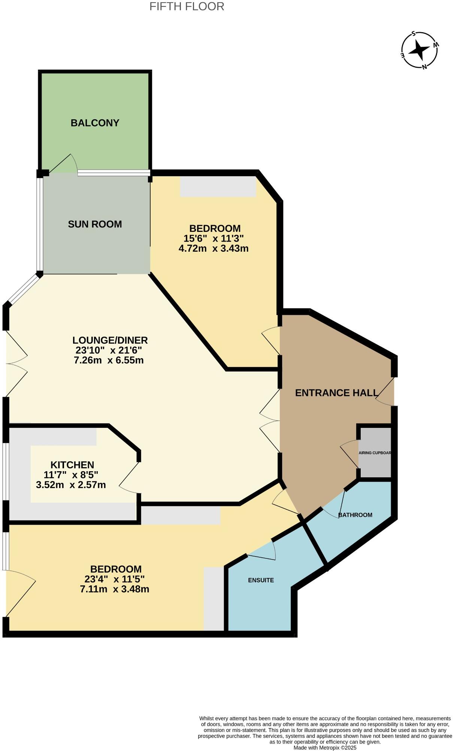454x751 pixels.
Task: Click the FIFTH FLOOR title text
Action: point(187,6)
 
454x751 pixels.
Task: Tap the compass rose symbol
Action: point(420,50)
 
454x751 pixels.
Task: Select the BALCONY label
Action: point(95,123)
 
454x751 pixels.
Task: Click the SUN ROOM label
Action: point(95,224)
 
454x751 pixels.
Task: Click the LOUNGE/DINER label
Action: point(110,340)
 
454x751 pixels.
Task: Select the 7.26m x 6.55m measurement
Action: point(109,360)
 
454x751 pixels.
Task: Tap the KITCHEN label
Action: point(72,465)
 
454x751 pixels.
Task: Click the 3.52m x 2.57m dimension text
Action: point(71,485)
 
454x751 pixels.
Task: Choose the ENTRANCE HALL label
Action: point(336,393)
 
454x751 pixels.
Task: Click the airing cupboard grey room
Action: point(375,453)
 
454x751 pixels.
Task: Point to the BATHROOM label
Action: point(355,515)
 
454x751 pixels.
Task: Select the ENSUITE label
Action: point(261,580)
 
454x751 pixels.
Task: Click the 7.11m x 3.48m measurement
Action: point(115,589)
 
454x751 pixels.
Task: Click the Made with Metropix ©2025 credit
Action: point(325,748)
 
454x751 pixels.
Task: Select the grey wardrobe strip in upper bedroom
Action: point(218,186)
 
